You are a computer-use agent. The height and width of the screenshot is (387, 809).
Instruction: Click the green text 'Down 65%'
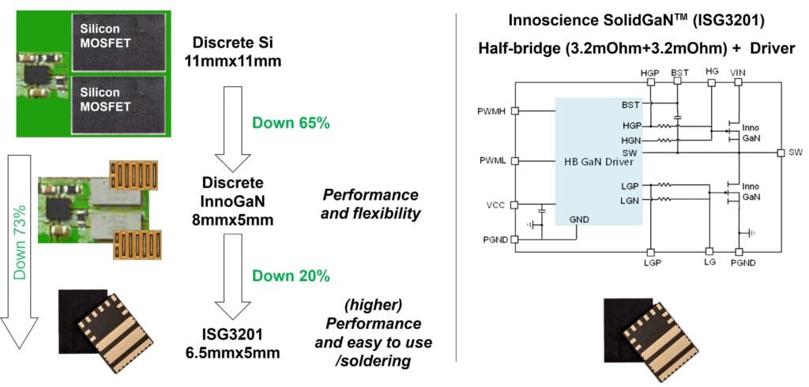(289, 122)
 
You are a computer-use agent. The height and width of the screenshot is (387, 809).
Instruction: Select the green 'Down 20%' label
(290, 276)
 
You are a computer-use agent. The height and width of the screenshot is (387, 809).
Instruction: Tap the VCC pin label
(495, 205)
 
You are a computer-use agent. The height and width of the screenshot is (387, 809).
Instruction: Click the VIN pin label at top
(738, 72)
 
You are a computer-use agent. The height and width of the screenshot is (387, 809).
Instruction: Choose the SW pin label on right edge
(795, 152)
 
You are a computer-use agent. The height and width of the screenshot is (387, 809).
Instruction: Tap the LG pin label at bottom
(709, 261)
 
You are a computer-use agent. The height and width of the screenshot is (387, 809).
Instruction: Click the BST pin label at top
(679, 72)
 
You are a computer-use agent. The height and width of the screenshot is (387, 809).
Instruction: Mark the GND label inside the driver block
(578, 219)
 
